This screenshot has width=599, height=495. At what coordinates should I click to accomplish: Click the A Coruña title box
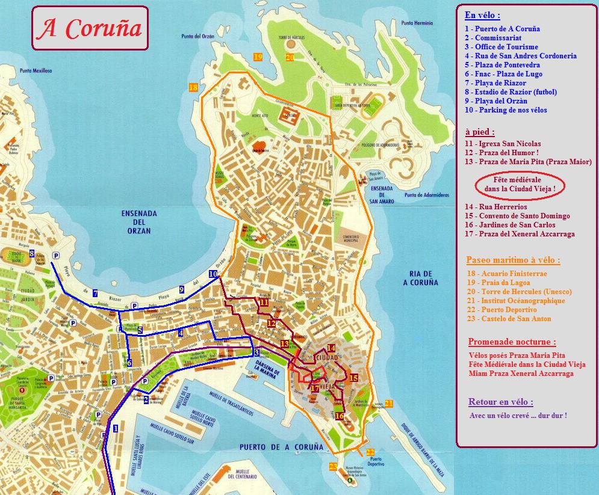pos(90,28)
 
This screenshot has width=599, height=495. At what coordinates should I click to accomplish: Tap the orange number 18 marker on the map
pos(193,87)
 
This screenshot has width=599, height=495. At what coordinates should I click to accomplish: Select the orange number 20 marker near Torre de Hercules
pos(290,58)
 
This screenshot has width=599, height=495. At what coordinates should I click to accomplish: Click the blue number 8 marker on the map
pos(31,254)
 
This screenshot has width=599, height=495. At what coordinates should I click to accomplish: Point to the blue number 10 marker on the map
pos(213,274)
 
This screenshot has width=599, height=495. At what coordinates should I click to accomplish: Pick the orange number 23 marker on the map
pos(333,466)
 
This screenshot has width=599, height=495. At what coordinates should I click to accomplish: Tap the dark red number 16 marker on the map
pos(340,416)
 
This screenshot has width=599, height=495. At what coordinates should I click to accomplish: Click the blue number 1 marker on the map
pos(115,428)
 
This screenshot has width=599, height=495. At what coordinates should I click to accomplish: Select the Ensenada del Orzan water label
pos(139,222)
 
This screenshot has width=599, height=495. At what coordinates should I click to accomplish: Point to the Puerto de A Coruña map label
pos(281,447)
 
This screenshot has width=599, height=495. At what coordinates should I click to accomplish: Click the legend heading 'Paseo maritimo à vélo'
pos(513,260)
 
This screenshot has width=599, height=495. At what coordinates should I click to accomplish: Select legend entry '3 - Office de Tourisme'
pos(501,47)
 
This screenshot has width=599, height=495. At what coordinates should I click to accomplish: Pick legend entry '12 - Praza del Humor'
pos(501,153)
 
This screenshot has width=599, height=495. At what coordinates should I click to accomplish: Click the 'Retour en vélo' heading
pos(500,402)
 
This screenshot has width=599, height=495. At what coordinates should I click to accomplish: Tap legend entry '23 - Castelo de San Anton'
pos(508,319)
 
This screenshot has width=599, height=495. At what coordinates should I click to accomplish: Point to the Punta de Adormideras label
pos(427,195)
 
